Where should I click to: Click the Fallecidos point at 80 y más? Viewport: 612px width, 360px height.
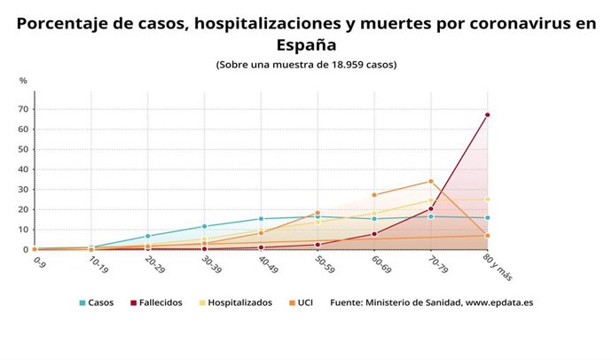click(487, 114)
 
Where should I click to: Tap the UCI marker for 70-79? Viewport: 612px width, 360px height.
click(431, 181)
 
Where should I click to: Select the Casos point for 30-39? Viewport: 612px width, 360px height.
click(205, 226)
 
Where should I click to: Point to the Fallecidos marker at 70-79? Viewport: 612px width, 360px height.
click(431, 209)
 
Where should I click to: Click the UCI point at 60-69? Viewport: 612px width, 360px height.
click(374, 195)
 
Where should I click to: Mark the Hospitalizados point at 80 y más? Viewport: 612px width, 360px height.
click(487, 200)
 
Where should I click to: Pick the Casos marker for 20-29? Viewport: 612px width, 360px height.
click(148, 237)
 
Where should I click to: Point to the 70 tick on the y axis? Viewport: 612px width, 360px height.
click(22, 109)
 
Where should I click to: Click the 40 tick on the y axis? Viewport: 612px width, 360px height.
click(22, 169)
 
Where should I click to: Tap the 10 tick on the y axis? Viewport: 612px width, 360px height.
click(22, 230)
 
